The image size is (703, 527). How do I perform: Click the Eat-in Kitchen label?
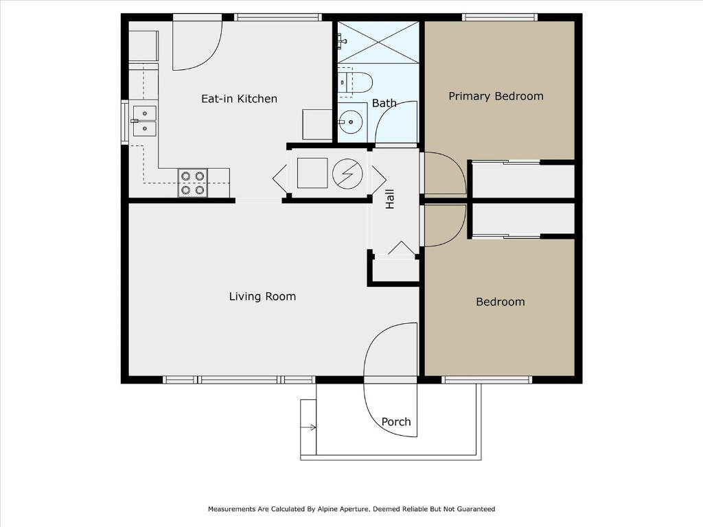pos(239,99)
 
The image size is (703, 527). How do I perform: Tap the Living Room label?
pos(262,296)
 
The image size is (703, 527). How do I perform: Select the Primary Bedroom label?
pos(496,96)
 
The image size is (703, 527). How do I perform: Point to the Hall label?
pos(390,200)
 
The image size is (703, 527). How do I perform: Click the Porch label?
pos(396,422)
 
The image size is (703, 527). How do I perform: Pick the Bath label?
pos(384,103)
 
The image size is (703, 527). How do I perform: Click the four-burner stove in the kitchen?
pos(192,183)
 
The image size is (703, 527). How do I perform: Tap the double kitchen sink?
pos(144,121)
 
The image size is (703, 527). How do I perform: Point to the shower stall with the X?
pos(378,43)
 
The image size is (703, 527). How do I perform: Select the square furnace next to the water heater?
pos(312,173)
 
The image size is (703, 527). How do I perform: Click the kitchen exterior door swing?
pos(196,45)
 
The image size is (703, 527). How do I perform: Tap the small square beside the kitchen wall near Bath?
pos(318,124)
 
